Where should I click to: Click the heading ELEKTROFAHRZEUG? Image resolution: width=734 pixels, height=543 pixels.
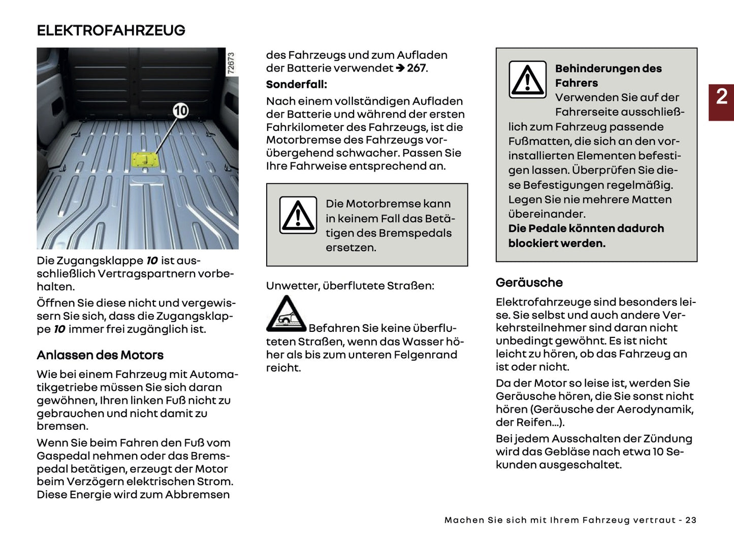(x=111, y=30)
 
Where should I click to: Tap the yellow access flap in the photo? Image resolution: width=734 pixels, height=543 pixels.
(x=145, y=160)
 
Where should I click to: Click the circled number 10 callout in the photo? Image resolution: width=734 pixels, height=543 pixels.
(x=180, y=111)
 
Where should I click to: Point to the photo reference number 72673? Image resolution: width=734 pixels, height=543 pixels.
(x=231, y=63)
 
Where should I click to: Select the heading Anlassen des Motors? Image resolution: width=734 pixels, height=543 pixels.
(x=100, y=355)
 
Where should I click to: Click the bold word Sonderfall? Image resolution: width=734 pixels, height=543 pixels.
(x=297, y=84)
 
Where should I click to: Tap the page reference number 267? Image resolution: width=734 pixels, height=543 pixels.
(x=417, y=68)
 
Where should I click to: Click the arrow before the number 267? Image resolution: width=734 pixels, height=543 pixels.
(x=400, y=68)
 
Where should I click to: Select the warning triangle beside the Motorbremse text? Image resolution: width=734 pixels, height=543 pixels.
(x=298, y=215)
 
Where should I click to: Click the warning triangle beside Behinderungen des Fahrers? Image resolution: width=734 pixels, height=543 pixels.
(x=527, y=80)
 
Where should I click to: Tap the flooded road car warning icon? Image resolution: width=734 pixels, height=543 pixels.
(x=286, y=315)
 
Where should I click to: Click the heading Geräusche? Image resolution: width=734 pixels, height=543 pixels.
(x=529, y=283)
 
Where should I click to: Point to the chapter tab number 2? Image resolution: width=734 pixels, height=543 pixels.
(x=721, y=96)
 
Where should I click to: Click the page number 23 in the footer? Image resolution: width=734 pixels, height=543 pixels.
(x=691, y=520)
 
